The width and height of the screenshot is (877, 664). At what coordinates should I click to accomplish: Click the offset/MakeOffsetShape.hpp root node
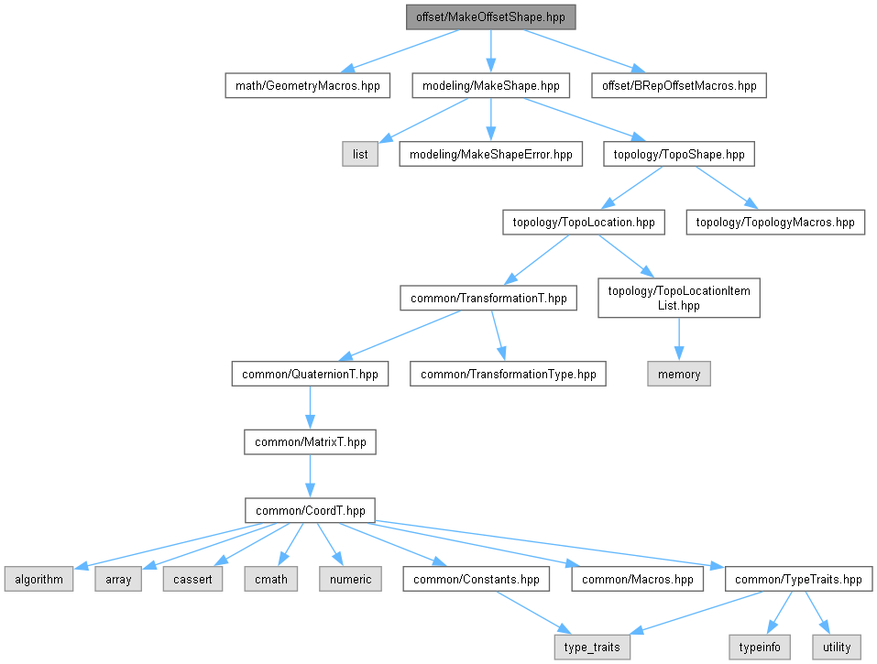(x=490, y=17)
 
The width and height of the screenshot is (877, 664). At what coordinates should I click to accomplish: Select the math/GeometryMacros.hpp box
(x=308, y=85)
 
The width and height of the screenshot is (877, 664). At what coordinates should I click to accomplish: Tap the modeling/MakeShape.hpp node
(x=490, y=85)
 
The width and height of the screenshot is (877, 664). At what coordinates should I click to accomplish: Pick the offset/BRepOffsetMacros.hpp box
(x=679, y=85)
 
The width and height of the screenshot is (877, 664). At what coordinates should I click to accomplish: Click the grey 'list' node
(x=360, y=154)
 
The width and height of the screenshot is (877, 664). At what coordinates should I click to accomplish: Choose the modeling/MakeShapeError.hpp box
(x=490, y=154)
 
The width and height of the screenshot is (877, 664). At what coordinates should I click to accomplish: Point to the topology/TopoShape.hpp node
(x=679, y=154)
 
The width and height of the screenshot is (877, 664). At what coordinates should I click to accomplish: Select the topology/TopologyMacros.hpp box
(x=775, y=222)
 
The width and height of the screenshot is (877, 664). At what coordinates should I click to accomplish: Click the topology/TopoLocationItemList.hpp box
(x=679, y=298)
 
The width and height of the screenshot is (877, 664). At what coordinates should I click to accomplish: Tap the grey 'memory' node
(x=679, y=374)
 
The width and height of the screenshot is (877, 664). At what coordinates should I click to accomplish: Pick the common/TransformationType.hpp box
(x=508, y=374)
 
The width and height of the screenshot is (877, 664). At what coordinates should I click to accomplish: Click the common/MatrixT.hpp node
(x=310, y=442)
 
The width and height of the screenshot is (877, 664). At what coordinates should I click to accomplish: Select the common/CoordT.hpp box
(x=310, y=510)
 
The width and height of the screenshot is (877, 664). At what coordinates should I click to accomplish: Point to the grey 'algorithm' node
(x=38, y=579)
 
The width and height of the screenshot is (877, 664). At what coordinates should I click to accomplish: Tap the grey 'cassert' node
(x=192, y=579)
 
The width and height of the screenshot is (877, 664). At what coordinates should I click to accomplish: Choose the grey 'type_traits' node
(x=592, y=648)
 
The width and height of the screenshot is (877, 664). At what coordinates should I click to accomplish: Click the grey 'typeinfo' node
(x=760, y=648)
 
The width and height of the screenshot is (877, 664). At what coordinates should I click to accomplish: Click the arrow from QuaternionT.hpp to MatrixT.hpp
(x=310, y=408)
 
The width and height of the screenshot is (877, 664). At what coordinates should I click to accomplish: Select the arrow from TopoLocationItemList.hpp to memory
(x=679, y=339)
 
